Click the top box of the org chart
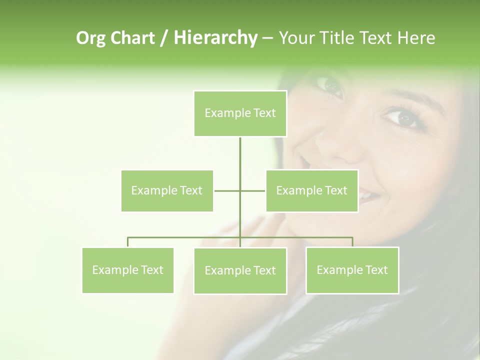click(x=240, y=113)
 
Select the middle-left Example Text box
click(x=167, y=190)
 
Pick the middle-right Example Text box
click(x=311, y=190)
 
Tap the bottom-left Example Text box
click(x=127, y=270)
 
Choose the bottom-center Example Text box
click(x=240, y=270)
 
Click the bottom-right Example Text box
click(x=352, y=270)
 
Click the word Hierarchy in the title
click(x=215, y=37)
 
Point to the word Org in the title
click(x=91, y=38)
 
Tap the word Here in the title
click(x=416, y=38)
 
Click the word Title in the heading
click(x=337, y=38)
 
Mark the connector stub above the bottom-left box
click(x=127, y=242)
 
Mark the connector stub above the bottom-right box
click(x=352, y=242)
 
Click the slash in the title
click(x=164, y=38)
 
